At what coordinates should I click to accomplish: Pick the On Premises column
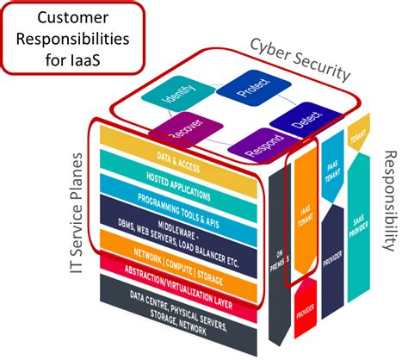point(276,250)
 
